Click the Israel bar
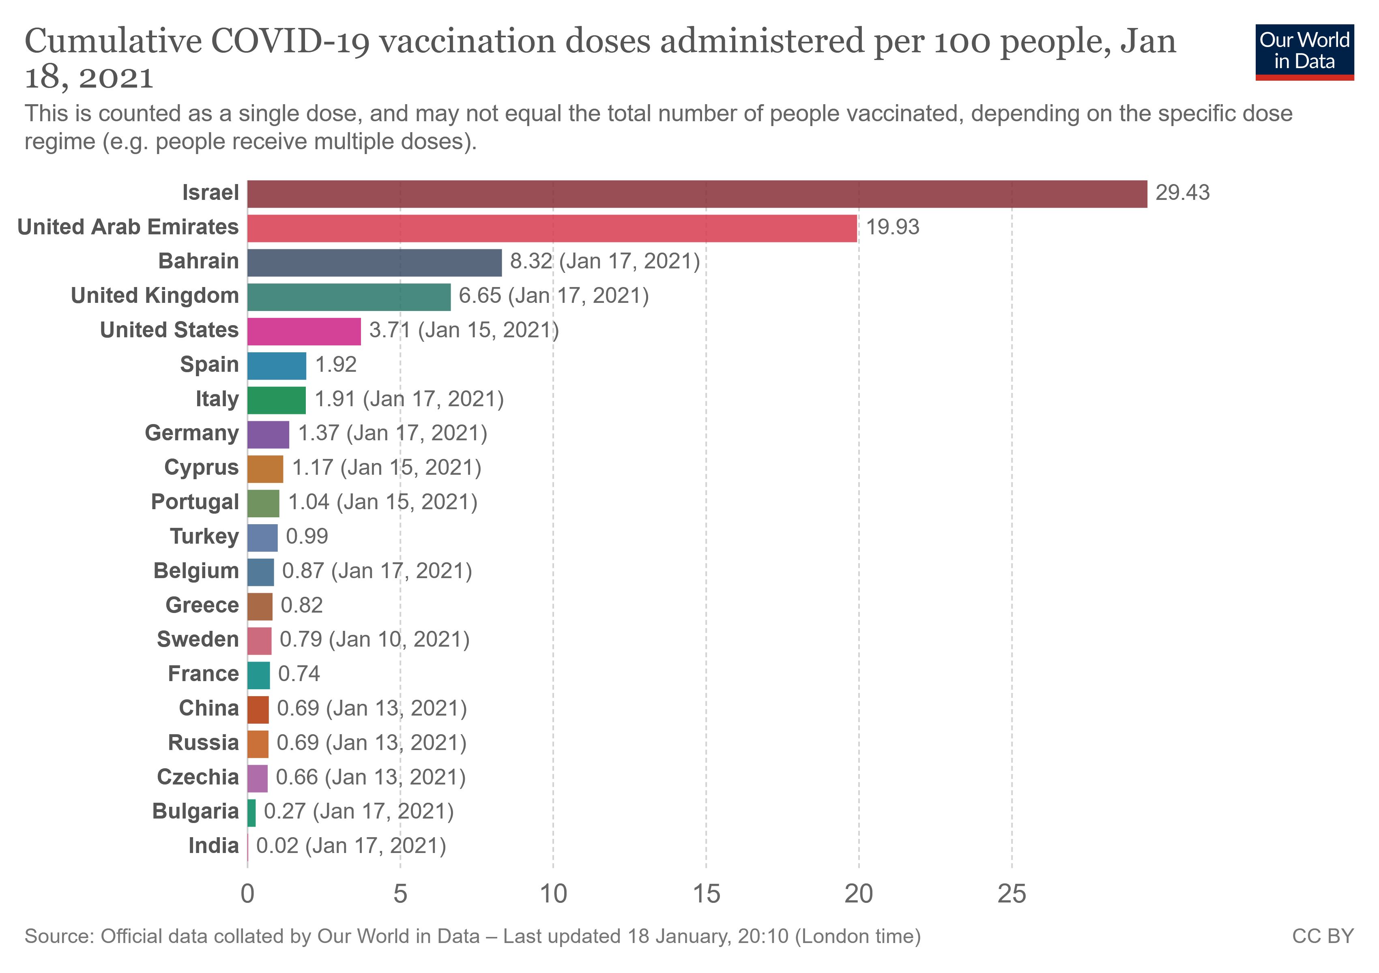point(697,194)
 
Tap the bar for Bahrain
point(374,262)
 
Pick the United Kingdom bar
point(348,296)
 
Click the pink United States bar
point(304,331)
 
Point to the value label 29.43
point(1182,193)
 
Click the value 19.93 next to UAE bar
point(892,227)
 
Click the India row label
point(213,845)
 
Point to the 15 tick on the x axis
point(706,894)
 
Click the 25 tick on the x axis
point(1012,894)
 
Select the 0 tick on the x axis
point(247,894)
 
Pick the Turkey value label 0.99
point(307,536)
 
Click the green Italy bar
point(276,401)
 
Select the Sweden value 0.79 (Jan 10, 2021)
point(374,639)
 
